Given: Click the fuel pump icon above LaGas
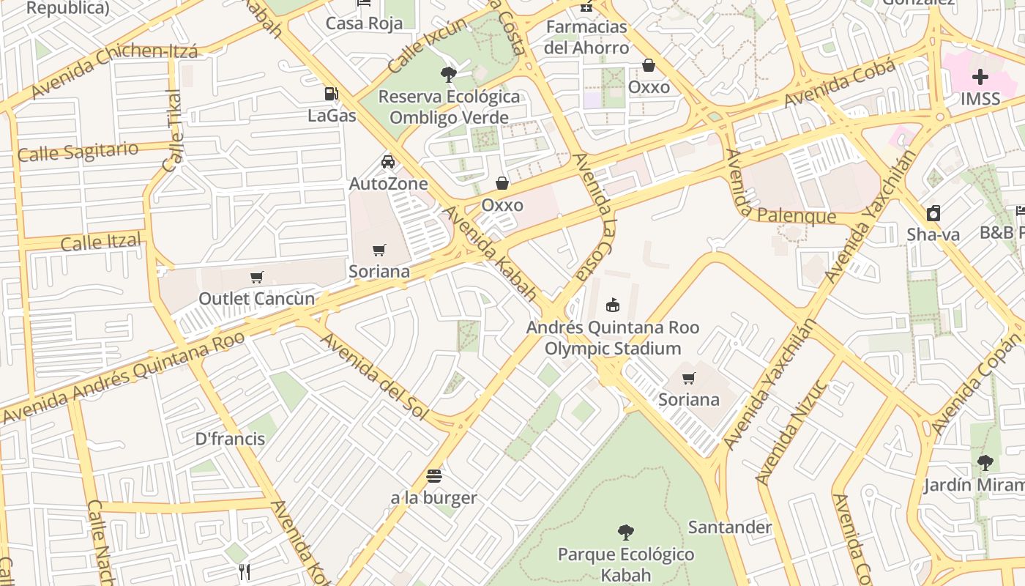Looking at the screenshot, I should pos(331,94).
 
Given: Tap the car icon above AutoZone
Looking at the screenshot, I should pos(388,162).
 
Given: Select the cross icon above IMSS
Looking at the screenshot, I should pos(980,77).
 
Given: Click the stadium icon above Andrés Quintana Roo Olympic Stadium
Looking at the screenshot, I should pos(613,305).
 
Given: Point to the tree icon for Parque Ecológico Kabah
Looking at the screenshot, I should pos(625,532).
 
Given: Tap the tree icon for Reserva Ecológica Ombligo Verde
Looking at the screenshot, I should pos(449,74).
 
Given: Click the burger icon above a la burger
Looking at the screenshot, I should pos(433,476).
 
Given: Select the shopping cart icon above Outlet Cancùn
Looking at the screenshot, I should pos(256,278).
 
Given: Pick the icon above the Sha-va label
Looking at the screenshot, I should pos(933,213).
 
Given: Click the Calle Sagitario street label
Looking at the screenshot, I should pos(78,152).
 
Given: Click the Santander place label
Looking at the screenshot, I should pos(729,527).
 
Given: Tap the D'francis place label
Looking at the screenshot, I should pos(230,439).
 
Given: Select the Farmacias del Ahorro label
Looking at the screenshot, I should pos(587,37).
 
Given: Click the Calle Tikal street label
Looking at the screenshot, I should pos(174,131).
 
